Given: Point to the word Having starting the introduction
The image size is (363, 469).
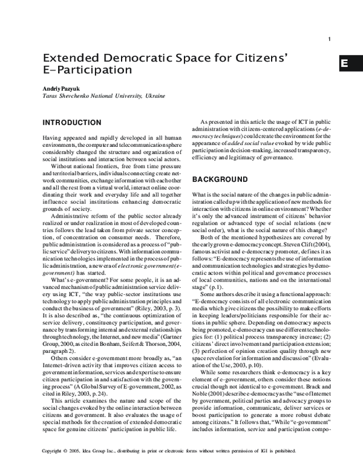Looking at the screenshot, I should point(53,139).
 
